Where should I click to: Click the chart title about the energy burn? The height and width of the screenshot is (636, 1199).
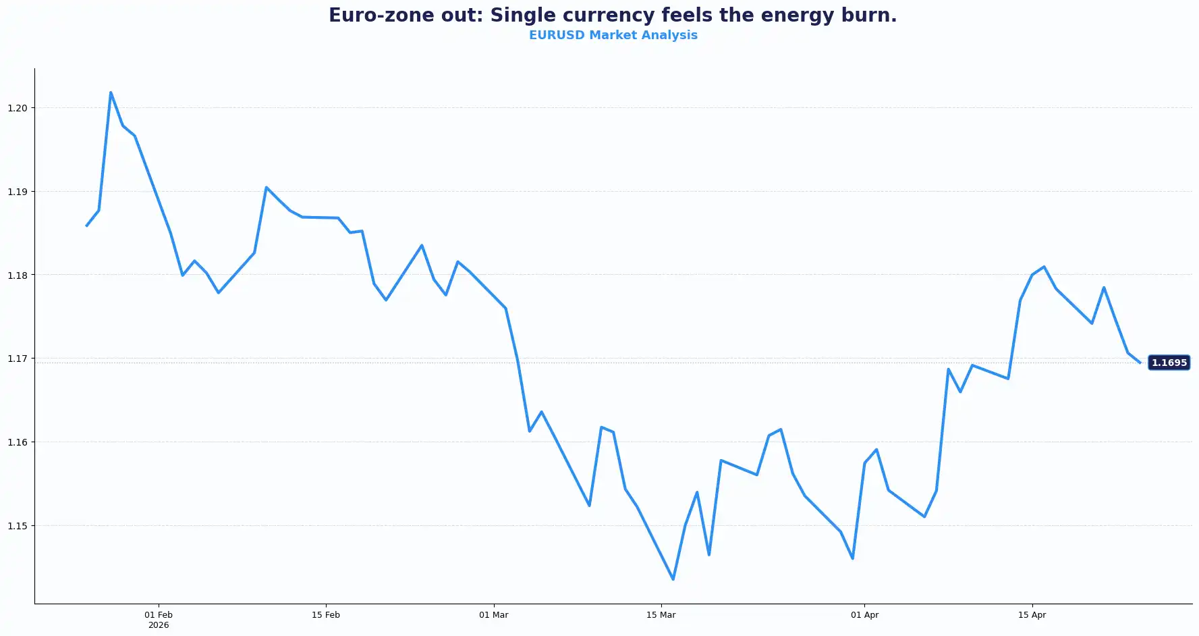click(x=613, y=16)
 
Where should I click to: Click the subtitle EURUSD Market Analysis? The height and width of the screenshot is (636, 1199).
click(x=613, y=35)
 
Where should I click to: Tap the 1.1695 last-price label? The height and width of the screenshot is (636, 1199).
click(x=1169, y=363)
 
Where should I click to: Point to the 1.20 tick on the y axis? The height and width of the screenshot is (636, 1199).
click(x=18, y=108)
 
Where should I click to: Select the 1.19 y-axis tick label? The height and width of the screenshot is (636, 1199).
click(x=18, y=192)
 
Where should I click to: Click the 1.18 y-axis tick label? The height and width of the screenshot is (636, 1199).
click(x=18, y=275)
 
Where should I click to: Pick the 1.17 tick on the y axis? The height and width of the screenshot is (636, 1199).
click(x=18, y=359)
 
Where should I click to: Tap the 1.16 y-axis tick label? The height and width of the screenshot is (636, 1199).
click(x=18, y=442)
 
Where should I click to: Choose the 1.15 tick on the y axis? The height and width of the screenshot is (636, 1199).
click(x=18, y=526)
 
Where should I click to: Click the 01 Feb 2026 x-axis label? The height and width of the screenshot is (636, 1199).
click(x=159, y=619)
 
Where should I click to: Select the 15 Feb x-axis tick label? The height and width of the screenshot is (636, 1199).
click(x=326, y=615)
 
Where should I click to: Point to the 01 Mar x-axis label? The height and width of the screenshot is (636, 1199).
click(x=494, y=615)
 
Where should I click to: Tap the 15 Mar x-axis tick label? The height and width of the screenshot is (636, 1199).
click(x=661, y=615)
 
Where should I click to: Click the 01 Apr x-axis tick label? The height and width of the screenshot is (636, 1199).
click(x=864, y=615)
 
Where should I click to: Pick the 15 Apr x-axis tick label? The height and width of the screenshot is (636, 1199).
click(x=1032, y=615)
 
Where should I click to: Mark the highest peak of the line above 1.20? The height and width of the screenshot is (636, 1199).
click(x=111, y=92)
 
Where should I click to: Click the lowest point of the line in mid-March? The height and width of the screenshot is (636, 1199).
click(x=673, y=579)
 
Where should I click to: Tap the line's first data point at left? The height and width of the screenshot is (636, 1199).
click(x=87, y=226)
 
